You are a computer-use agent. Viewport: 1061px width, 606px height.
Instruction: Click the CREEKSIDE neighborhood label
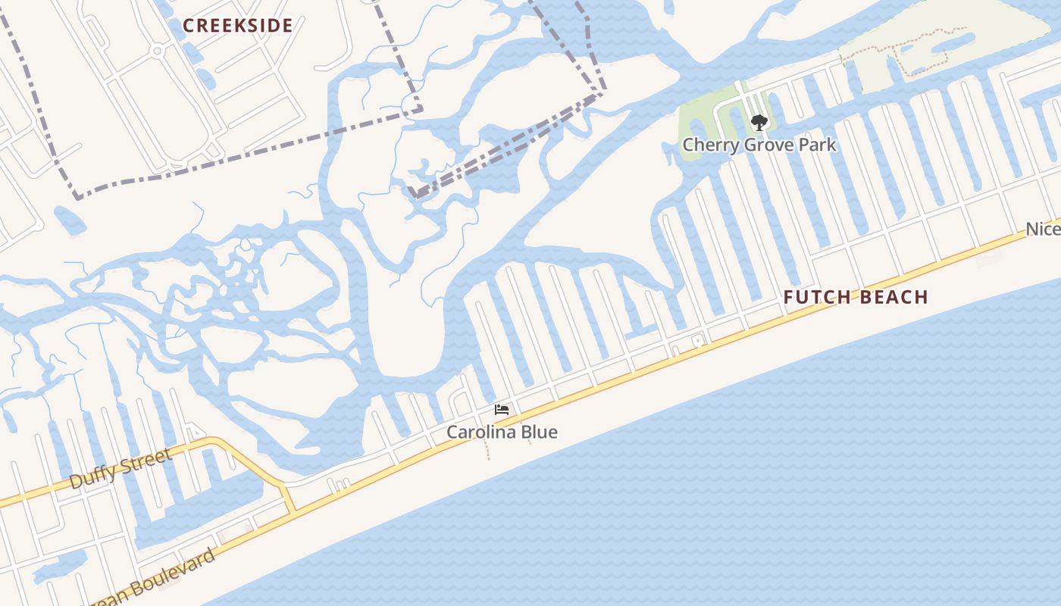238,26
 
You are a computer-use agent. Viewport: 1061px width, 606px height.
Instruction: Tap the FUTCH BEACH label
856,297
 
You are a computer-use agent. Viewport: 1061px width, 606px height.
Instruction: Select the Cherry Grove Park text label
759,144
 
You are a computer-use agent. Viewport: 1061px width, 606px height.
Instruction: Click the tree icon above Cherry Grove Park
759,122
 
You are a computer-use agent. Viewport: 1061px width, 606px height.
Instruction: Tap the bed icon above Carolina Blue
501,410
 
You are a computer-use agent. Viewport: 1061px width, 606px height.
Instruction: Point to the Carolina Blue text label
502,432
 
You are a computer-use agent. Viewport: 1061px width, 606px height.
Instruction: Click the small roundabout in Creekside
158,51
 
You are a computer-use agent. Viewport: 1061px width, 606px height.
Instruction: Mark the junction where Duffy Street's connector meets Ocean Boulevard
293,511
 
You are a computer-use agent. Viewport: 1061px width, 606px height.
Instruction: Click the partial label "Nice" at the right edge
1043,229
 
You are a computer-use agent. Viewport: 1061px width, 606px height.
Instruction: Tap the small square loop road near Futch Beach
697,342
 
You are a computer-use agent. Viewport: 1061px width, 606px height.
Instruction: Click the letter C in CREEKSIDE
189,26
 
